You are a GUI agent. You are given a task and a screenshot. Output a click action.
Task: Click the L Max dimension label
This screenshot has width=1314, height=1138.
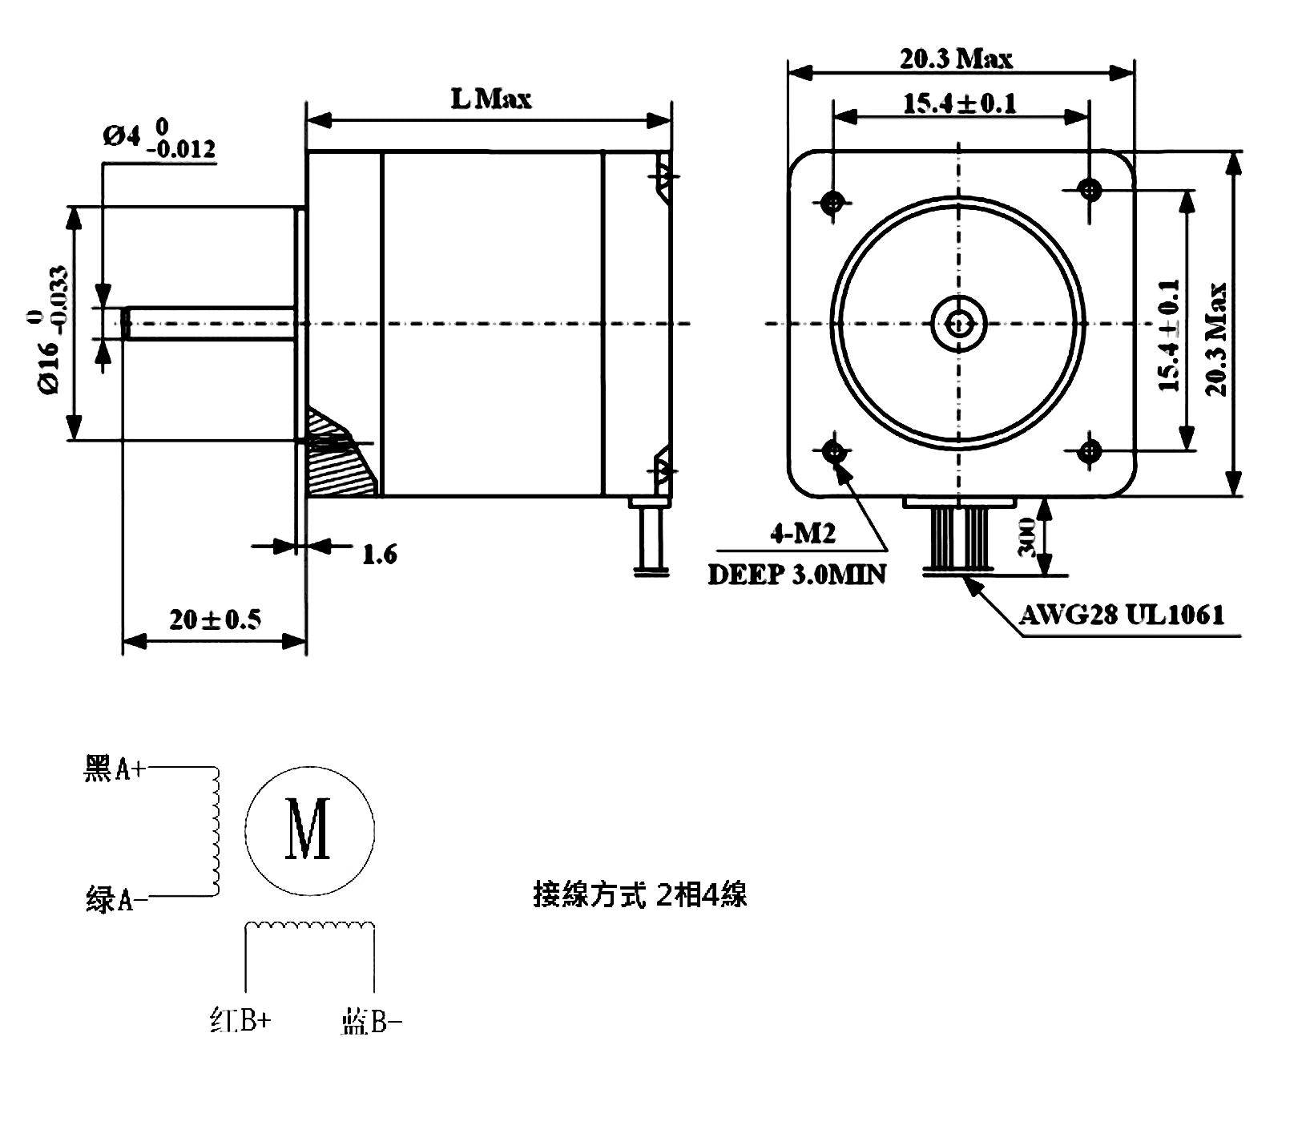coord(490,99)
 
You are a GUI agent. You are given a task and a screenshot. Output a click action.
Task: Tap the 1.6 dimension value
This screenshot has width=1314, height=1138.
coord(379,554)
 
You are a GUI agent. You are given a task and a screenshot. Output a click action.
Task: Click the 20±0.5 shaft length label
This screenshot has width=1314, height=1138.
coord(215,619)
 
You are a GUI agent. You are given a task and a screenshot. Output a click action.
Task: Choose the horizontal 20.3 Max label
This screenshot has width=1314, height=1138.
coord(956,59)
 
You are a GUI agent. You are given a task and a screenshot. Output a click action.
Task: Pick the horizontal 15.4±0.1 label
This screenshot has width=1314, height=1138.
coord(959,103)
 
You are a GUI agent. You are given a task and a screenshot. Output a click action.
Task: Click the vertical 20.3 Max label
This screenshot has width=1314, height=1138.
coord(1217,339)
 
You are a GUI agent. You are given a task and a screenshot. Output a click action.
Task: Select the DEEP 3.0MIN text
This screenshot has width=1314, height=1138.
coord(797,575)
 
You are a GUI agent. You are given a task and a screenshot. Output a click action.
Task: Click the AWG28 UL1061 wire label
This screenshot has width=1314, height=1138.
coord(1122,615)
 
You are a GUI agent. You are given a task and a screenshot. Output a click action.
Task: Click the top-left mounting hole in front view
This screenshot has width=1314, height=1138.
coord(833,201)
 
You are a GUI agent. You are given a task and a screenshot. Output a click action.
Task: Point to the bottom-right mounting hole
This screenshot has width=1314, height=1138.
coord(1089,450)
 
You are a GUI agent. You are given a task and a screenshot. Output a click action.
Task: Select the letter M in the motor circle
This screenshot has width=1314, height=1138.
coord(309,829)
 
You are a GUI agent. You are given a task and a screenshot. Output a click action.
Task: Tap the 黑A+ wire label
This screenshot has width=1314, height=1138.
coord(115,769)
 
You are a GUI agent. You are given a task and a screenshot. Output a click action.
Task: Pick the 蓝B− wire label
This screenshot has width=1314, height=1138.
coord(371,1022)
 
